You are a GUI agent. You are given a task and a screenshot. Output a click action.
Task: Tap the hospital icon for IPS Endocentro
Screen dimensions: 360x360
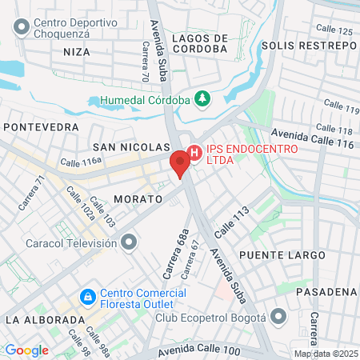click(194, 153)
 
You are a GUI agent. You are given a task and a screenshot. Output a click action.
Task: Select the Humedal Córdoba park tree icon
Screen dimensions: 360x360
click(203, 100)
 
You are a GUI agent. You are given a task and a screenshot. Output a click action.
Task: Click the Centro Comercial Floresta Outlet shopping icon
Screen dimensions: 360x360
click(87, 298)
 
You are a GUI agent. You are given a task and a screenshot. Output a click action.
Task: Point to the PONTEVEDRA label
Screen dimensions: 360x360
click(41, 127)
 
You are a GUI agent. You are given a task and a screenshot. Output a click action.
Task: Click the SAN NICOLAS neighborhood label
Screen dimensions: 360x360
click(131, 147)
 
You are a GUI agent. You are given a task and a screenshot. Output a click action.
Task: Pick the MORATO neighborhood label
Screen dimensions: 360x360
click(138, 197)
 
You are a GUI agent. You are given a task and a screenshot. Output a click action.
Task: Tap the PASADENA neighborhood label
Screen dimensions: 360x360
click(326, 291)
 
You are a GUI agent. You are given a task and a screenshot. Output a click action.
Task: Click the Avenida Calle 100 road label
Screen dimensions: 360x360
click(199, 350)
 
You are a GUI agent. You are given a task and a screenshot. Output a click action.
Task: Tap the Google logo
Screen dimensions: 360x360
click(26, 350)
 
